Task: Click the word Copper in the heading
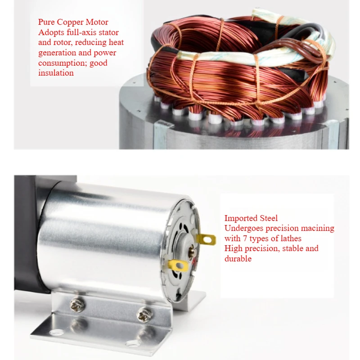tap(70, 22)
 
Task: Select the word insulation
tap(56, 73)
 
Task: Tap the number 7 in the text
tap(245, 238)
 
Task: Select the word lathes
tap(291, 238)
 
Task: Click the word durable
tap(238, 258)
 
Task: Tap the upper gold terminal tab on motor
tap(206, 239)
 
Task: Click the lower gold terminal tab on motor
tap(178, 266)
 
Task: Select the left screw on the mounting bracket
tap(77, 305)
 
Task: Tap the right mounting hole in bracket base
tap(132, 343)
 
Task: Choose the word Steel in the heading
tap(269, 218)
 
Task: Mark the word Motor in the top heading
tap(97, 22)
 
